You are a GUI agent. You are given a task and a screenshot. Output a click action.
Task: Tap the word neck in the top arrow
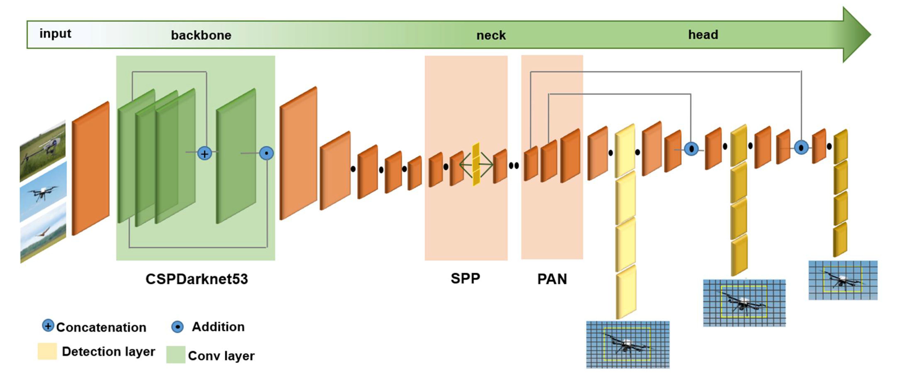point(491,35)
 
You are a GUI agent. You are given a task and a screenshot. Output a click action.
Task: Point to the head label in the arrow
point(703,34)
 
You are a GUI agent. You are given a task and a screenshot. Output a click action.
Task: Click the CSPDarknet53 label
point(197,279)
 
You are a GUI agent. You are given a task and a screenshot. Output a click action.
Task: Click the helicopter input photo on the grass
point(43,151)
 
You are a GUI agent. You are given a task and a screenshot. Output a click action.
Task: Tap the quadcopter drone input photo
point(43,191)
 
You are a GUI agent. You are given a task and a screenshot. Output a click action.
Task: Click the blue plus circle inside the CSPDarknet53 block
point(205,153)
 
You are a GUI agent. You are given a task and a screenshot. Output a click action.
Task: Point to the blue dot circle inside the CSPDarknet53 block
point(266,153)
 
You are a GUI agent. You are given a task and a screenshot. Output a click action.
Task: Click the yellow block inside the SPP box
point(476,164)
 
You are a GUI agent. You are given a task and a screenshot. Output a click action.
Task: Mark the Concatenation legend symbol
point(48,326)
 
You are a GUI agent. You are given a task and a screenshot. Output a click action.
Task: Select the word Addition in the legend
point(218,327)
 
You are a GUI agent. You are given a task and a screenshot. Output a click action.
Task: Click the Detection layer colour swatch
point(47,351)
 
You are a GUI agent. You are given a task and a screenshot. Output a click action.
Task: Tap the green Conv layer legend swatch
point(176,355)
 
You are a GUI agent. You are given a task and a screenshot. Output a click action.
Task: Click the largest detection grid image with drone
point(627,345)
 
